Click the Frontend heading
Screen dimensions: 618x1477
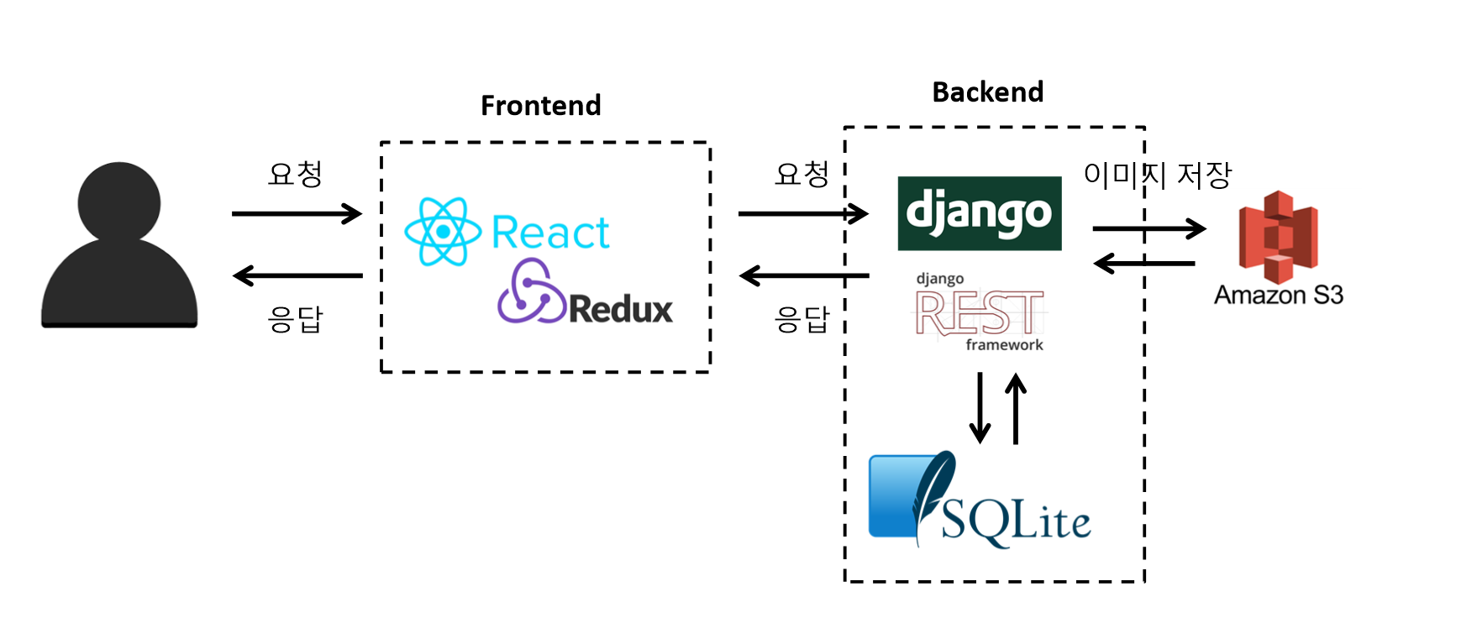pyautogui.click(x=540, y=106)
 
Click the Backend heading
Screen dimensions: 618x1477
pyautogui.click(x=987, y=92)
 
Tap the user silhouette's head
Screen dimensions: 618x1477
pyautogui.click(x=119, y=202)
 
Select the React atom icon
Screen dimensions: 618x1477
pyautogui.click(x=443, y=232)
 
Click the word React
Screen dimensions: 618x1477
pyautogui.click(x=550, y=233)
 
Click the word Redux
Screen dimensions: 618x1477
pyautogui.click(x=621, y=310)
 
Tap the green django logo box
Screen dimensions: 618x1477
pyautogui.click(x=979, y=213)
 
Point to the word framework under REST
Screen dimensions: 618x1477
pyautogui.click(x=1004, y=345)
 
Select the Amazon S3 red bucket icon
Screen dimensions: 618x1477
pyautogui.click(x=1278, y=237)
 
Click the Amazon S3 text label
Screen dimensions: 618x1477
pyautogui.click(x=1278, y=296)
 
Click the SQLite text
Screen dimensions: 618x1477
pyautogui.click(x=1015, y=521)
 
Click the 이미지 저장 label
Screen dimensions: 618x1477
pyautogui.click(x=1157, y=175)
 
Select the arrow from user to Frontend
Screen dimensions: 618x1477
pyautogui.click(x=297, y=214)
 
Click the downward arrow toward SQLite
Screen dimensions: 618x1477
pyautogui.click(x=980, y=408)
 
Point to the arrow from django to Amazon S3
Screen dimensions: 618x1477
pyautogui.click(x=1148, y=228)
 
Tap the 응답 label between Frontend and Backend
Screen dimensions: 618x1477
pyautogui.click(x=802, y=320)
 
